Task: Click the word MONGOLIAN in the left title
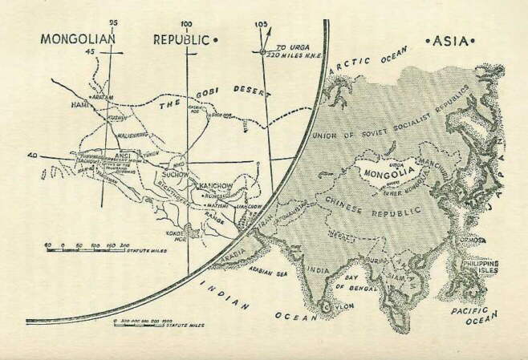pos(78,38)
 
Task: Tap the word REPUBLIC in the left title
pos(181,38)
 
